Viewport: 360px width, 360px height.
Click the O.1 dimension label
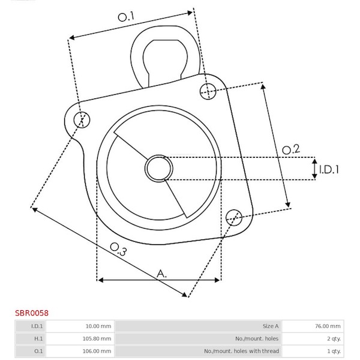(x=126, y=17)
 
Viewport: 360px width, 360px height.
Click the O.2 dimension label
(x=291, y=149)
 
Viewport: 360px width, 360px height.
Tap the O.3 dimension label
(x=118, y=249)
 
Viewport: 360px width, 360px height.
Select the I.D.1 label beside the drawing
(x=329, y=169)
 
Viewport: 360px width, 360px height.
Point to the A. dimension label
(x=161, y=274)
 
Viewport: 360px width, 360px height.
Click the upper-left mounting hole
(x=82, y=119)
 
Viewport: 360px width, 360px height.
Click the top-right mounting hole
(x=208, y=92)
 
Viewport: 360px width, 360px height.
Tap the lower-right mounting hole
(x=234, y=217)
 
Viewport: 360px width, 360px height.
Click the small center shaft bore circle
(x=159, y=169)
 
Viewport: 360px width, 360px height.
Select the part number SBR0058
(x=32, y=313)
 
